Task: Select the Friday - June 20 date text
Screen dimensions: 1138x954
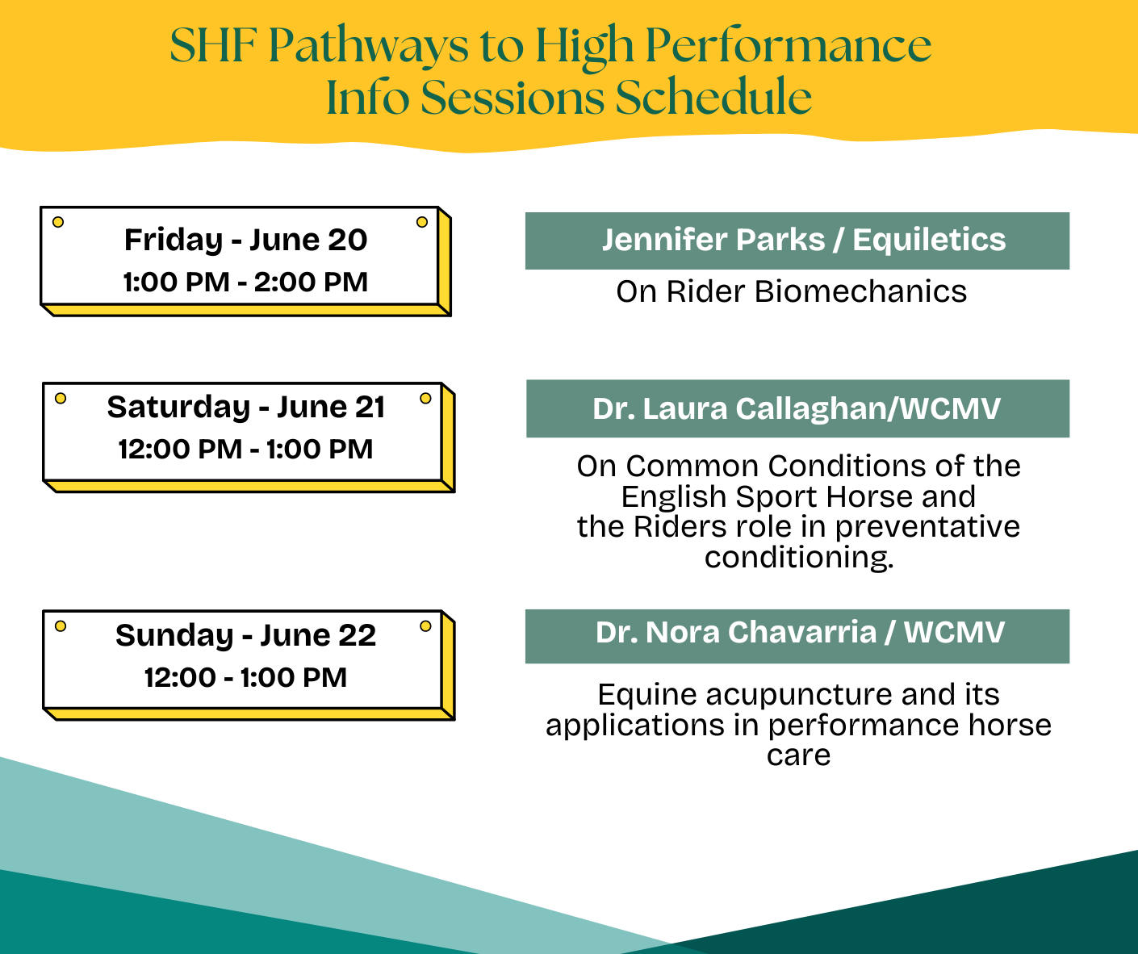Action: [x=246, y=241]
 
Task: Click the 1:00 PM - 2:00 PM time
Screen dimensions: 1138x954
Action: [x=246, y=282]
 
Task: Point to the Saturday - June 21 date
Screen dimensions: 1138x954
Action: [x=246, y=408]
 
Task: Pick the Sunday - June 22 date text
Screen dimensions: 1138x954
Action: [x=246, y=635]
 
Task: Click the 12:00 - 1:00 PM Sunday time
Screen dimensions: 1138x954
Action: [x=246, y=678]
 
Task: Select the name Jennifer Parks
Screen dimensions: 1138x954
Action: [x=713, y=240]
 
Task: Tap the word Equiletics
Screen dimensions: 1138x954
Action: [x=929, y=240]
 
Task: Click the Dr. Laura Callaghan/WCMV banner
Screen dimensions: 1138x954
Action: [x=797, y=409]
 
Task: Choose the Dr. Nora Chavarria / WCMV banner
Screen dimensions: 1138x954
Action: [x=797, y=637]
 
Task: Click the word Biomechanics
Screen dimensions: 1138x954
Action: [x=860, y=291]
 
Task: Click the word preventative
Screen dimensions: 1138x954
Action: [x=927, y=528]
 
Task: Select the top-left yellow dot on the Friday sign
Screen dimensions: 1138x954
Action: [x=58, y=222]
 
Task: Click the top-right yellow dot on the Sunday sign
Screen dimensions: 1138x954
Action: [x=425, y=626]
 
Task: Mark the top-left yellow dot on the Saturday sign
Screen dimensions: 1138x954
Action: [x=61, y=398]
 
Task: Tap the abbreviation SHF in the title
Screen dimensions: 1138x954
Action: [x=213, y=46]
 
